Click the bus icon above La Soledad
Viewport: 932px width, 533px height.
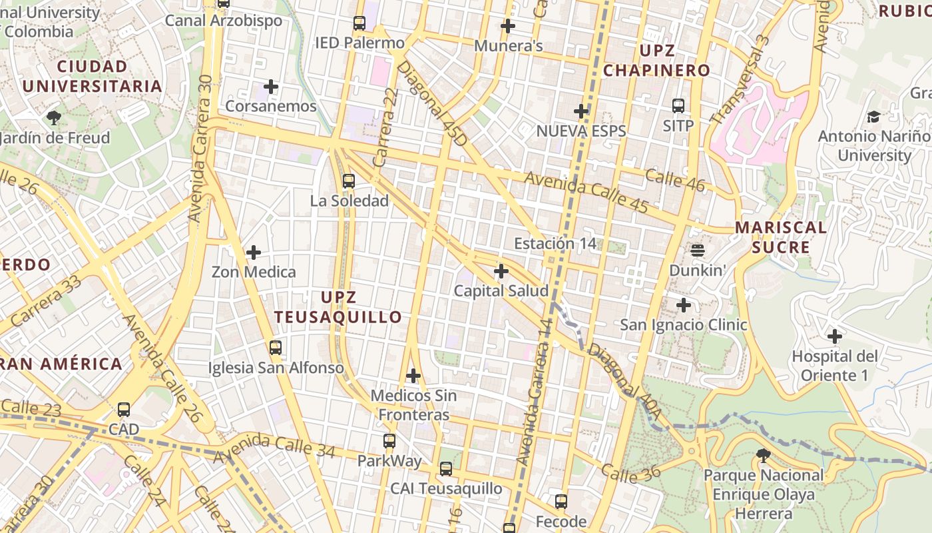tap(348, 181)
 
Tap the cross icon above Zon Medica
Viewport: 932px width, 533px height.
tap(254, 253)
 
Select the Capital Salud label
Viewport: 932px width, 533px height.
tap(501, 291)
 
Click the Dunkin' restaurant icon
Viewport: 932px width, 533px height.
tap(698, 251)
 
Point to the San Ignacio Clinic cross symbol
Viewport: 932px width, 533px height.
tap(684, 305)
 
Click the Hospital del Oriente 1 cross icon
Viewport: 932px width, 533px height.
tap(834, 336)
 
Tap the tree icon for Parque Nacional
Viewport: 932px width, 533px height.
tap(764, 456)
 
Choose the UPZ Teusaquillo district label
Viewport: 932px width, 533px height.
tap(338, 307)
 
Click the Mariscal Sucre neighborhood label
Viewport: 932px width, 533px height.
tap(781, 237)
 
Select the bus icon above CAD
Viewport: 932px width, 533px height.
tap(124, 409)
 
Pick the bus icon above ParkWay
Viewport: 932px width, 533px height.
tap(389, 441)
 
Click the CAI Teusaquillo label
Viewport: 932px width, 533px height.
tap(446, 488)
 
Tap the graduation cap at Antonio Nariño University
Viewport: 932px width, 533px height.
tap(873, 117)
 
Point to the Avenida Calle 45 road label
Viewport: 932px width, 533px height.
tap(586, 193)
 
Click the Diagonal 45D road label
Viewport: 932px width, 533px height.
tap(432, 105)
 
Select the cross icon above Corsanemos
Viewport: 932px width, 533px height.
tap(271, 87)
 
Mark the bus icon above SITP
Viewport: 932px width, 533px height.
tap(678, 105)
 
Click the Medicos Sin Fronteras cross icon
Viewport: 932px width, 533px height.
tap(413, 376)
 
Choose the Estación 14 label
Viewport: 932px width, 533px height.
tap(555, 244)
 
